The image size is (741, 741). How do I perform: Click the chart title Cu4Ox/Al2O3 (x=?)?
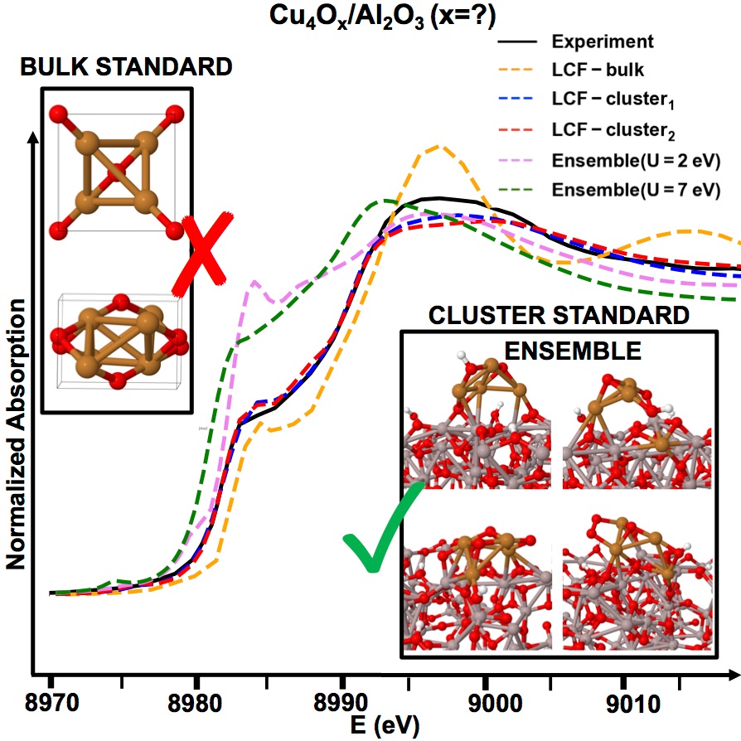coord(370,15)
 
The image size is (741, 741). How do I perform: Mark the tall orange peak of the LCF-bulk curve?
coord(440,148)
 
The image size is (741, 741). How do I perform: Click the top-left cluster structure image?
coord(477,423)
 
